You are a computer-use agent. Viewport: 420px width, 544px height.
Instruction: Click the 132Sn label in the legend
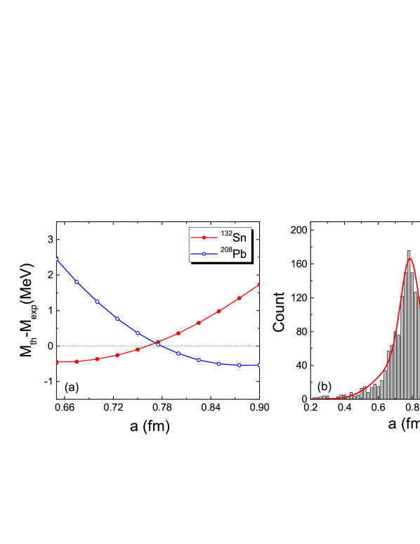pos(234,237)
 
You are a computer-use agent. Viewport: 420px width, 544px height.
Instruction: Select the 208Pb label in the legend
pos(234,254)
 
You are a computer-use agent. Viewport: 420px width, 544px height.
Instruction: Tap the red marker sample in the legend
pos(204,238)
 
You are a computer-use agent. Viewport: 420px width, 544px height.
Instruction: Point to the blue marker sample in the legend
pos(204,254)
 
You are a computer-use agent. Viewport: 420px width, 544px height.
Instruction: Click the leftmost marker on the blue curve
pos(56,259)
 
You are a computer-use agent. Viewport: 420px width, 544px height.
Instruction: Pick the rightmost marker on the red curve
pos(260,284)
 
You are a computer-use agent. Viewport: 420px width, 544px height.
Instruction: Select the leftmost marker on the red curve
pos(56,362)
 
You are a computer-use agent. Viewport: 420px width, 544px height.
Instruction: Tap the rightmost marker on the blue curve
pos(260,365)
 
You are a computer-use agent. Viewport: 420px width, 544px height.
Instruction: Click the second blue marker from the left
pos(77,282)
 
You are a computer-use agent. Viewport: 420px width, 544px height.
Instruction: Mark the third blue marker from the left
pos(97,302)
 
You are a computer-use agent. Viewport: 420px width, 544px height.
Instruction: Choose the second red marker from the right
pos(239,298)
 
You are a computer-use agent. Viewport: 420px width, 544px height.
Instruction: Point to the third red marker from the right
pos(219,311)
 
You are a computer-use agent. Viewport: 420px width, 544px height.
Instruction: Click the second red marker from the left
pos(77,362)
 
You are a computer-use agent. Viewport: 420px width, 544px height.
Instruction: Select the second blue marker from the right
pos(239,365)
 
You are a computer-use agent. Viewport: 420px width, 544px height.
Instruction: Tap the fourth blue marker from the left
pos(117,318)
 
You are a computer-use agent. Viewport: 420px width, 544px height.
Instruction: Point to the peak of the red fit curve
pos(411,259)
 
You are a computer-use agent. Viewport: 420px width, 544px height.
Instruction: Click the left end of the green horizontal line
pos(58,346)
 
